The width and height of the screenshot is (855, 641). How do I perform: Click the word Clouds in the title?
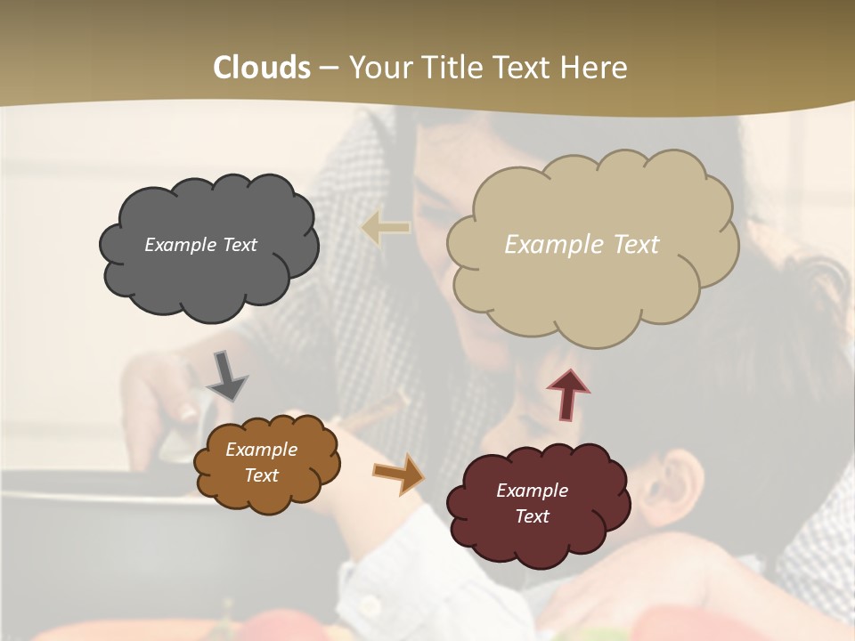pyautogui.click(x=262, y=68)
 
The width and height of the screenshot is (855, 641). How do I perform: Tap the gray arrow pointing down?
pyautogui.click(x=227, y=377)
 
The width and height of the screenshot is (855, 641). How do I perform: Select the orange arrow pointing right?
pyautogui.click(x=399, y=474)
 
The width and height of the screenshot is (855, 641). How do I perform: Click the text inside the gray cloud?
pyautogui.click(x=200, y=245)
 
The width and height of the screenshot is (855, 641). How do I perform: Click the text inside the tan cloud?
pyautogui.click(x=582, y=245)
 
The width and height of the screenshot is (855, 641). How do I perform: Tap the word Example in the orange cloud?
pyautogui.click(x=261, y=450)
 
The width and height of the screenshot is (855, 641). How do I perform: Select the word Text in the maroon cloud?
pyautogui.click(x=532, y=516)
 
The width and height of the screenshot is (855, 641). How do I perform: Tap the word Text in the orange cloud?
pyautogui.click(x=261, y=475)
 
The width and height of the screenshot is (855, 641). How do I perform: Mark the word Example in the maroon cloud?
pyautogui.click(x=532, y=491)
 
